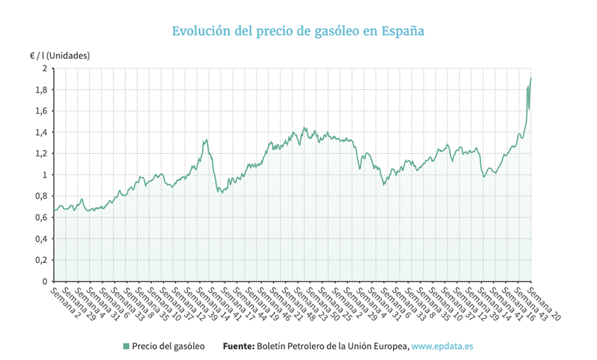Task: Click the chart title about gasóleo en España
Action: [298, 32]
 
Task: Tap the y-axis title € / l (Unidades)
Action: [59, 54]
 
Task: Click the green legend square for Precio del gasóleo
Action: [126, 346]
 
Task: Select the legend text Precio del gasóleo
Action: [168, 346]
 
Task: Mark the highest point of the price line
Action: [531, 78]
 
